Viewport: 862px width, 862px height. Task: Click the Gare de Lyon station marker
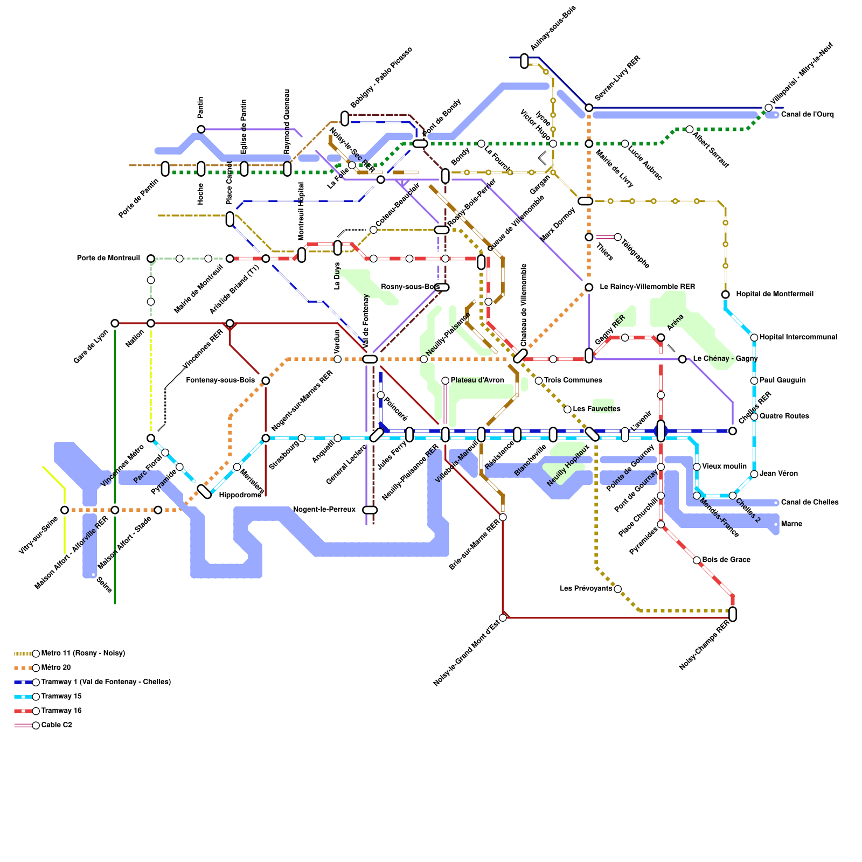(x=115, y=323)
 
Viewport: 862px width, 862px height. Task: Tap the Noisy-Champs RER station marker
(x=732, y=614)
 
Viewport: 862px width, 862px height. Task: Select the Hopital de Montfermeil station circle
(x=725, y=294)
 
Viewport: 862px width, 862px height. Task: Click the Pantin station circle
(x=201, y=129)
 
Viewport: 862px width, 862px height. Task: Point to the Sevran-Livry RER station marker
(x=589, y=108)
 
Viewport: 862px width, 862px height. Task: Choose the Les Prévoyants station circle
(x=617, y=589)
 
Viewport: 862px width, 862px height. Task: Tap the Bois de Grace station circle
(x=697, y=560)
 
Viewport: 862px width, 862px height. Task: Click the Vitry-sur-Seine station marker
(x=65, y=510)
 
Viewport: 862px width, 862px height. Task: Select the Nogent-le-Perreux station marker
(x=370, y=510)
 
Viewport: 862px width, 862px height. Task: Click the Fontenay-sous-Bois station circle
(x=266, y=380)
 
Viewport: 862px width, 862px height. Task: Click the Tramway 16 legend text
(x=61, y=711)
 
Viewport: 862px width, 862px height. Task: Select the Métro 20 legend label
(x=55, y=668)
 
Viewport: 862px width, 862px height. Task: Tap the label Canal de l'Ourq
(x=807, y=115)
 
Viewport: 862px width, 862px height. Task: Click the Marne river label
(x=791, y=524)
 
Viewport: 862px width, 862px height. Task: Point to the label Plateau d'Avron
(x=477, y=380)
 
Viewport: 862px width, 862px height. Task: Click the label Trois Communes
(x=573, y=380)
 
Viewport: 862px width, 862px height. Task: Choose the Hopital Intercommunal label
(x=798, y=337)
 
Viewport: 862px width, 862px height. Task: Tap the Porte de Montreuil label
(x=108, y=259)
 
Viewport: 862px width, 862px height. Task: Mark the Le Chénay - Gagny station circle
(x=682, y=359)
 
